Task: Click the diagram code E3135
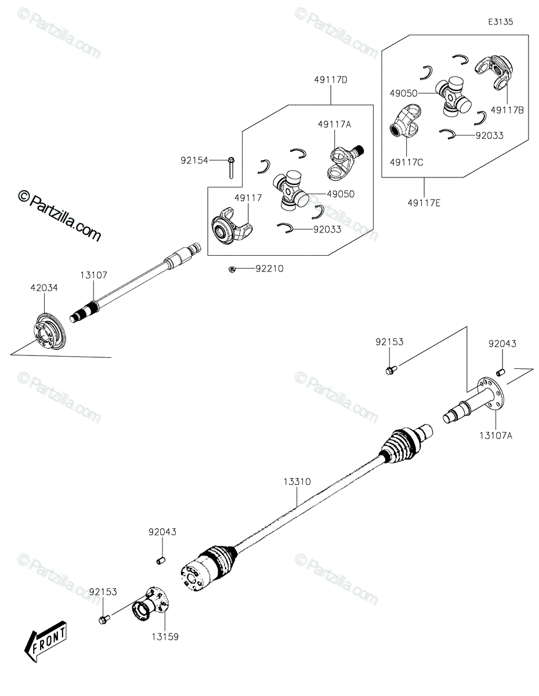(500, 22)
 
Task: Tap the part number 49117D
(331, 80)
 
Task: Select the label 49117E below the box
(424, 203)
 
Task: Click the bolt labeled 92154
(231, 168)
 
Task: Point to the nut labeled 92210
(230, 269)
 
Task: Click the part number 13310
(297, 490)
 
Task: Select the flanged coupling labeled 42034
(50, 331)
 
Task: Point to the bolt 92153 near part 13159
(104, 619)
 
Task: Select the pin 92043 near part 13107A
(501, 372)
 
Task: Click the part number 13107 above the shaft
(93, 275)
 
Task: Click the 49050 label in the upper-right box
(404, 93)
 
